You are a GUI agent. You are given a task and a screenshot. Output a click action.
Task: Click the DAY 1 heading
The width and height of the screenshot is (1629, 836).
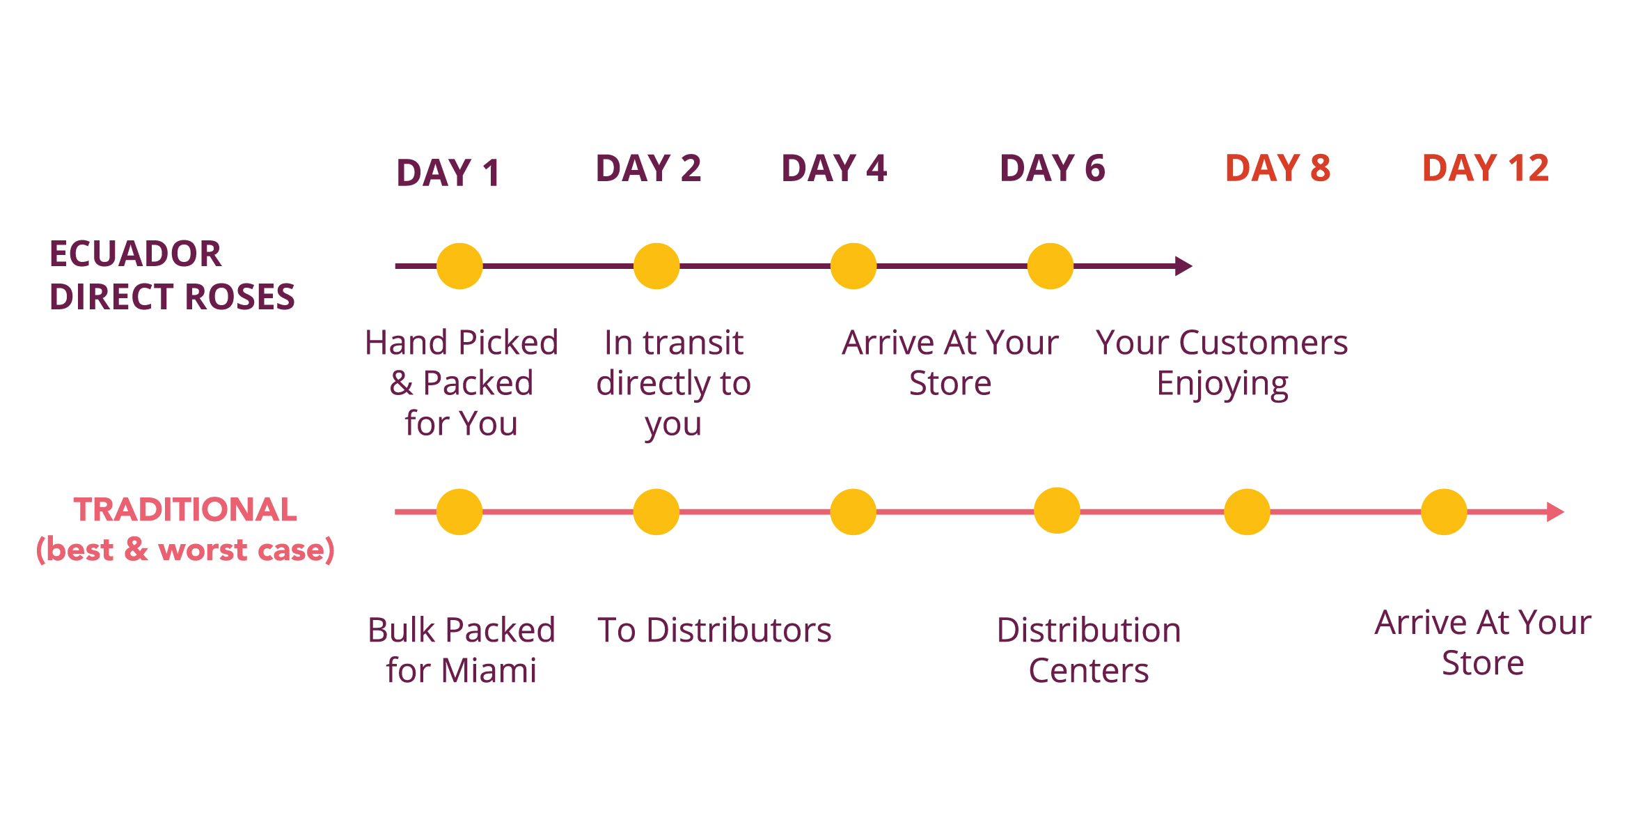448,173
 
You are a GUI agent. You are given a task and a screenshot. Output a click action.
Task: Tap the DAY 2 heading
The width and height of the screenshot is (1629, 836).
648,168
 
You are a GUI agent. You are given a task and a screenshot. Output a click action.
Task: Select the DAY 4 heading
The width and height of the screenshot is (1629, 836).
834,168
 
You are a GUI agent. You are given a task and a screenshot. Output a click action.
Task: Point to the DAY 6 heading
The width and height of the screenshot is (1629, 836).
1053,168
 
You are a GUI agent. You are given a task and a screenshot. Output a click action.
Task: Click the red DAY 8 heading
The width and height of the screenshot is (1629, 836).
1278,168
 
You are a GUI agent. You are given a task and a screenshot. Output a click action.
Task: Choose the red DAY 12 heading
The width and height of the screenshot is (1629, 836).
1486,168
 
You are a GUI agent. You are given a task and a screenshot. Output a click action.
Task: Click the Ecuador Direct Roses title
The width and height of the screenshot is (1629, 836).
172,275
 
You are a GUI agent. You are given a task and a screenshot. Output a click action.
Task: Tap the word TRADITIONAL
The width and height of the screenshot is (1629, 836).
185,509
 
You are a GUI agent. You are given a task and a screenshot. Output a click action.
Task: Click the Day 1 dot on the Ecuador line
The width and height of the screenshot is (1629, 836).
459,266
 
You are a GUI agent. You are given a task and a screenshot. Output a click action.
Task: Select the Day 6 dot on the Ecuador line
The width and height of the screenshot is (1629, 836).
1050,266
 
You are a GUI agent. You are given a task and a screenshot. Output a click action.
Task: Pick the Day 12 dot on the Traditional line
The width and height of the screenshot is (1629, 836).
1444,512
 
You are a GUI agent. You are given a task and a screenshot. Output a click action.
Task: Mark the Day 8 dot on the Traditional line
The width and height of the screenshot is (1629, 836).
1247,512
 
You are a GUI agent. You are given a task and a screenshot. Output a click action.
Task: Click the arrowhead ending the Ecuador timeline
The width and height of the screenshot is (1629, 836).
1183,266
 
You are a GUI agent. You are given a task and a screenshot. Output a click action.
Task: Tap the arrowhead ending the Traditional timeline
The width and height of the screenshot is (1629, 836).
1555,512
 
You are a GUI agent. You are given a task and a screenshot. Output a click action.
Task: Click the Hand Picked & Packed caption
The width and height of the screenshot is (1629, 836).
462,383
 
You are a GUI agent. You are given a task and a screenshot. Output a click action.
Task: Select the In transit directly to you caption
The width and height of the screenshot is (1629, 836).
673,383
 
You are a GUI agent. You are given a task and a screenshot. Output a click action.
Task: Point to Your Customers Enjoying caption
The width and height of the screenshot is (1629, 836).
1222,364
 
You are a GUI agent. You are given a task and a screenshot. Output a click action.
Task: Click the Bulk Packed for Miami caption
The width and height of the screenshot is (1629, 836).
462,650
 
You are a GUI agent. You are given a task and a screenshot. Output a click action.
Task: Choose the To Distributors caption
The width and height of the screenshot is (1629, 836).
714,630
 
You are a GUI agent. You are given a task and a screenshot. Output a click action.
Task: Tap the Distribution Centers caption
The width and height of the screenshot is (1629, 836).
1089,650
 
